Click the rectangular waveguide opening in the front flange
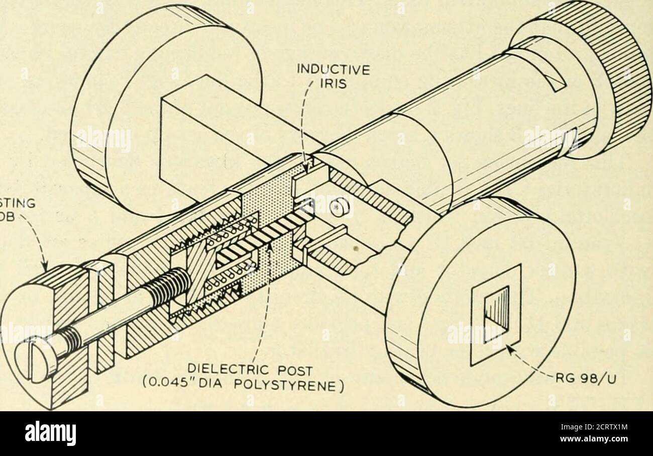(x=495, y=315)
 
